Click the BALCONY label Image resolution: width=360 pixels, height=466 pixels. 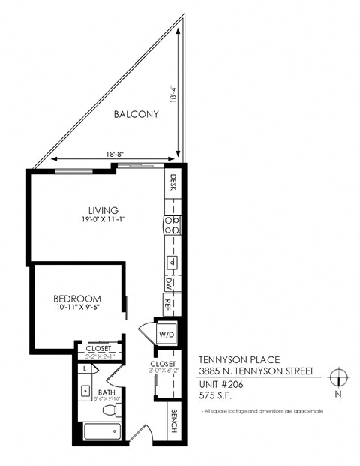click(136, 115)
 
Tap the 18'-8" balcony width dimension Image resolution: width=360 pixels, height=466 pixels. click(115, 154)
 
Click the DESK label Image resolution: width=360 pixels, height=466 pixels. click(172, 182)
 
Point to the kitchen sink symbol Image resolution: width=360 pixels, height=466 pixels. click(172, 262)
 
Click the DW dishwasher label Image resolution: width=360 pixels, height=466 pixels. click(172, 284)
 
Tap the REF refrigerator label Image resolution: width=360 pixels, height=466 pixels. click(172, 305)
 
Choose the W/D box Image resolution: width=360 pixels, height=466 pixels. click(165, 333)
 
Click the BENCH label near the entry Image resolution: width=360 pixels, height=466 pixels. click(173, 423)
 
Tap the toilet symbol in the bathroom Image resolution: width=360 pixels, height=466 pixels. click(109, 410)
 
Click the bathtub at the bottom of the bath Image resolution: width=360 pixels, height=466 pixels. click(100, 431)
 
